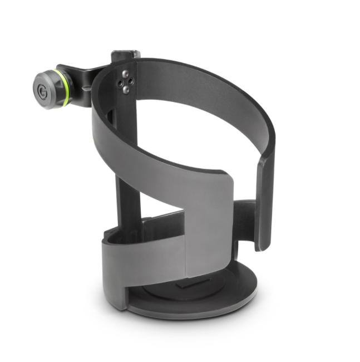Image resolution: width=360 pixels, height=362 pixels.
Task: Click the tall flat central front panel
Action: click(x=209, y=223)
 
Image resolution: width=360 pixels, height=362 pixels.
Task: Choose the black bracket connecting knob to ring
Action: click(x=83, y=78)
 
